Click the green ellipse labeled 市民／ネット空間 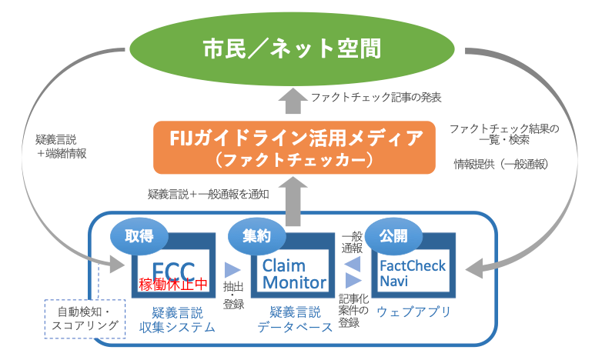tap(293, 48)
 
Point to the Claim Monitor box tap(293, 273)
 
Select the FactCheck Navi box tap(413, 273)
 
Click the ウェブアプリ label tap(413, 312)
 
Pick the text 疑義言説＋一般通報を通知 tap(208, 194)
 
